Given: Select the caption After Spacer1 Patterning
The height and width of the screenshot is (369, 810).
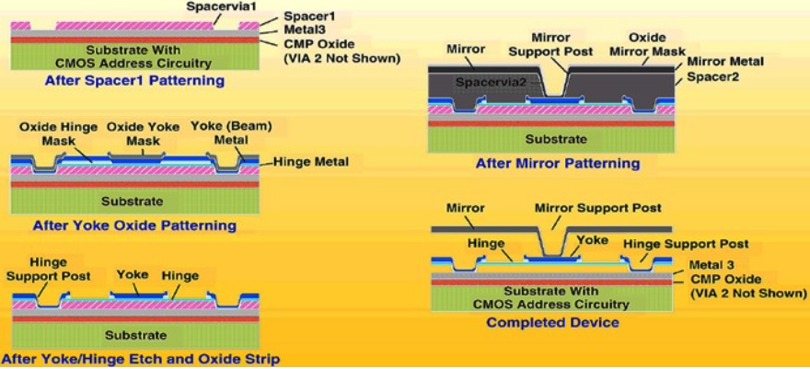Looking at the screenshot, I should (x=134, y=80).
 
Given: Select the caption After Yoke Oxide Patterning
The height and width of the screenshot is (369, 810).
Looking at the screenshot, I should (x=134, y=225).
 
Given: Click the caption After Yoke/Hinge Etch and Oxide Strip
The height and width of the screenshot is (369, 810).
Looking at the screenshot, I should (x=141, y=359).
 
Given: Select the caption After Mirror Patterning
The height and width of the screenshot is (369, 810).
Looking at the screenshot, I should (x=557, y=164).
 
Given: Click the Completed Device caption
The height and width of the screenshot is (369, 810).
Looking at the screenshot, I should (x=552, y=322).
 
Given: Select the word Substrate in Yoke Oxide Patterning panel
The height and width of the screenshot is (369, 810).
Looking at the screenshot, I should (x=135, y=201).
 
